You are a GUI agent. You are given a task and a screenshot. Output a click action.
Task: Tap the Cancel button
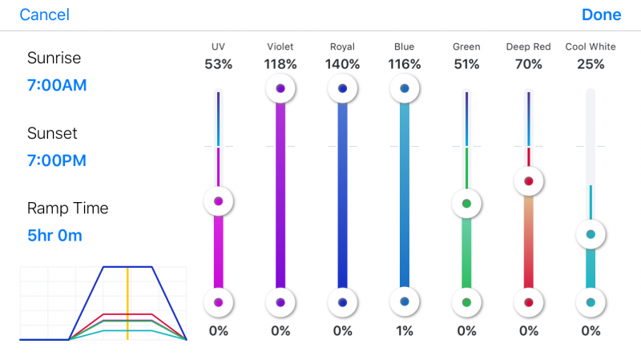(44, 15)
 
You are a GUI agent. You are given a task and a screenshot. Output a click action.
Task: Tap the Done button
(601, 15)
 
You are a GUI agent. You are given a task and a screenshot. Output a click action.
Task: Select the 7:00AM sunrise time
(57, 85)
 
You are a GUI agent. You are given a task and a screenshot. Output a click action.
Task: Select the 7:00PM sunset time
(57, 160)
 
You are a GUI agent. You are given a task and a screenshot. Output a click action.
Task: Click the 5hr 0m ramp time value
(54, 236)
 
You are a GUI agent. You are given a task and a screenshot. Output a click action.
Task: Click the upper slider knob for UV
(218, 201)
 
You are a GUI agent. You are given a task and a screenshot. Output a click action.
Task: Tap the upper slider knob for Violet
(280, 88)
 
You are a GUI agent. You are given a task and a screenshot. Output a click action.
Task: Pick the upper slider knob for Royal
(343, 88)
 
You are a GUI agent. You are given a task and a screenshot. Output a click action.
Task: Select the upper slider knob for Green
(466, 203)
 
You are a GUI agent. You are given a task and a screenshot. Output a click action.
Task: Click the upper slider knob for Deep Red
(528, 181)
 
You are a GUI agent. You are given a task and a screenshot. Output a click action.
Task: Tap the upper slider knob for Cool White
(591, 234)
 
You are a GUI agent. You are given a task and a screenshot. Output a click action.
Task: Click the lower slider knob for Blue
(405, 301)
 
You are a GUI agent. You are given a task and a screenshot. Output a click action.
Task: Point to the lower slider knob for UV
(218, 302)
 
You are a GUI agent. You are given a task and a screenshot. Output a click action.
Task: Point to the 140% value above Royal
(342, 64)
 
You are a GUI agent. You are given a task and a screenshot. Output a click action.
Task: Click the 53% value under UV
(218, 64)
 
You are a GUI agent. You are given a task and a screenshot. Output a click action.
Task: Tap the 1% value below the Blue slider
(405, 330)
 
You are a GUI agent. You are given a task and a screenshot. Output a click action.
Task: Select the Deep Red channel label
(528, 47)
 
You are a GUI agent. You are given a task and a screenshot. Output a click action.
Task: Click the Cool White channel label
(591, 47)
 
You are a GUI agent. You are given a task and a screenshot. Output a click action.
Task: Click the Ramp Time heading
(67, 208)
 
